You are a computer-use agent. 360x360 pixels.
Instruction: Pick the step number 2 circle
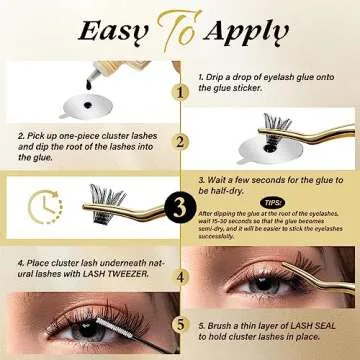[x=179, y=142]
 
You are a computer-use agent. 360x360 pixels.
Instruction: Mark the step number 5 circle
[x=179, y=322]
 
